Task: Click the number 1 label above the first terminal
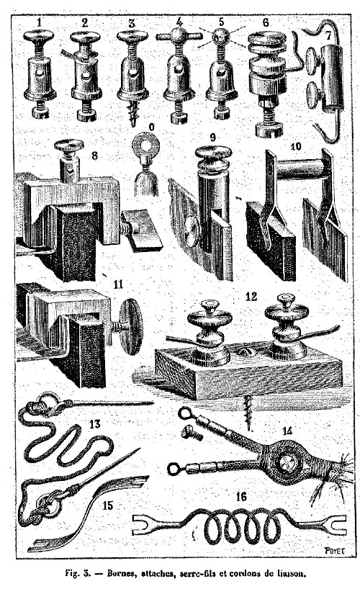pyautogui.click(x=39, y=23)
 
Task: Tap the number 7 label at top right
pyautogui.click(x=328, y=36)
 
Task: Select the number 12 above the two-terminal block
pyautogui.click(x=251, y=297)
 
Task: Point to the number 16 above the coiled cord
pyautogui.click(x=241, y=497)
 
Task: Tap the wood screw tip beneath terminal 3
pyautogui.click(x=132, y=115)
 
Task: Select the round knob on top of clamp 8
pyautogui.click(x=68, y=144)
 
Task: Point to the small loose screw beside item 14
pyautogui.click(x=192, y=433)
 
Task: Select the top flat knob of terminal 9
pyautogui.click(x=213, y=151)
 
